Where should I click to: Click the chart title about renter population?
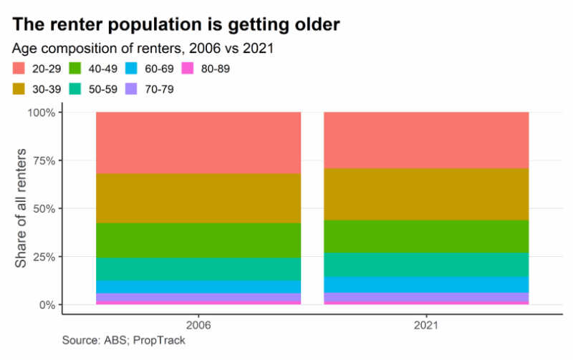click(175, 24)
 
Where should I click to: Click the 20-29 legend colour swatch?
click(21, 69)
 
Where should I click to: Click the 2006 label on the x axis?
click(198, 324)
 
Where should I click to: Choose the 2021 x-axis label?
click(426, 324)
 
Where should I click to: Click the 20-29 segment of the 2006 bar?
click(198, 143)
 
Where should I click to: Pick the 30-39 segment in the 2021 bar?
click(426, 194)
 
